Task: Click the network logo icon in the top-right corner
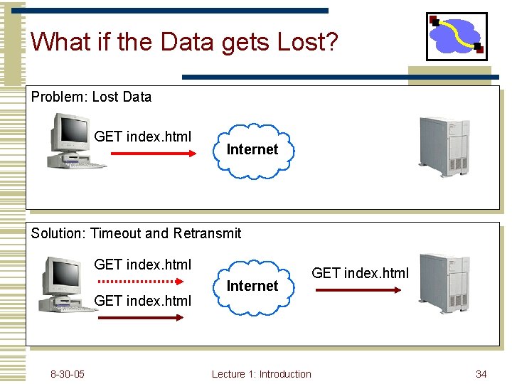coord(456,36)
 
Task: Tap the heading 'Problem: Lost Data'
coord(91,97)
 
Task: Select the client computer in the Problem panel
coord(75,142)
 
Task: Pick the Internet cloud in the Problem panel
coord(252,150)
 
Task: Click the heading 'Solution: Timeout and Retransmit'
coord(136,233)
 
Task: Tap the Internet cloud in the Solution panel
coord(252,286)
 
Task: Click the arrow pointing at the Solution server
coord(358,289)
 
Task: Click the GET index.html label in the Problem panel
coord(143,137)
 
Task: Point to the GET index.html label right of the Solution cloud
coord(361,273)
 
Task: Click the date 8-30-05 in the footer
coord(68,374)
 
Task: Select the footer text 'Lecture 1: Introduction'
coord(262,374)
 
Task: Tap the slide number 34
coord(481,374)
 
